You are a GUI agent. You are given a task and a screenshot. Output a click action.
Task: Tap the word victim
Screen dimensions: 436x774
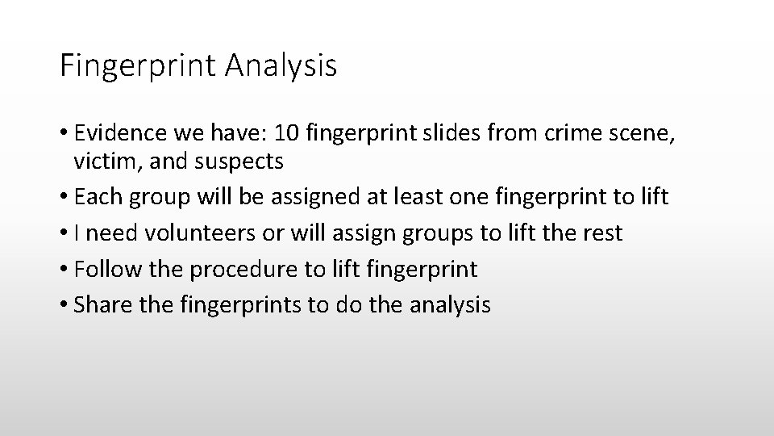point(99,161)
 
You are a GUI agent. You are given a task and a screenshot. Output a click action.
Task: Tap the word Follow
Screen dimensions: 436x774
point(108,269)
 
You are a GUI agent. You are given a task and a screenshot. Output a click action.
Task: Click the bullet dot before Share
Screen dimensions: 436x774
point(64,305)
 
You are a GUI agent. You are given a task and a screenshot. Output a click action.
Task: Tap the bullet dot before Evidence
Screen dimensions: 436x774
point(64,132)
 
